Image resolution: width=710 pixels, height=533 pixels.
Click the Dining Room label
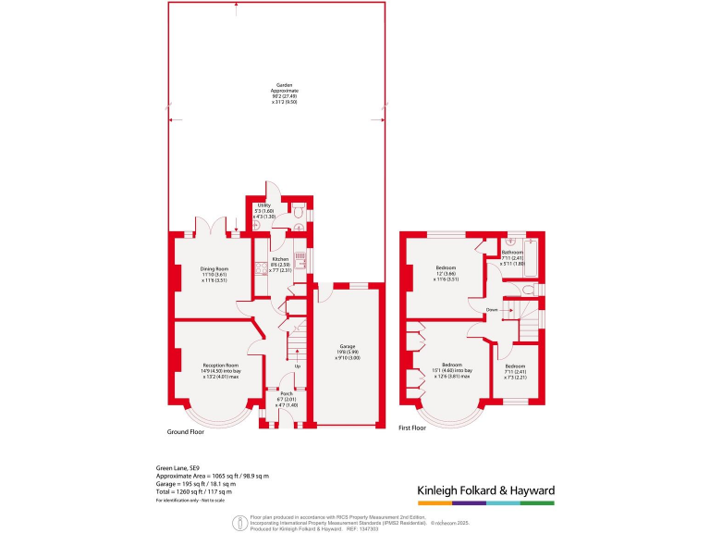click(x=214, y=275)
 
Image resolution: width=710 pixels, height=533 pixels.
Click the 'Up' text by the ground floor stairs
click(x=297, y=366)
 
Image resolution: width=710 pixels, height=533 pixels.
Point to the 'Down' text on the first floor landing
click(x=493, y=309)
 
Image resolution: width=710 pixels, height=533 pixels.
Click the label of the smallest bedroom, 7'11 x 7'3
click(x=515, y=374)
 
